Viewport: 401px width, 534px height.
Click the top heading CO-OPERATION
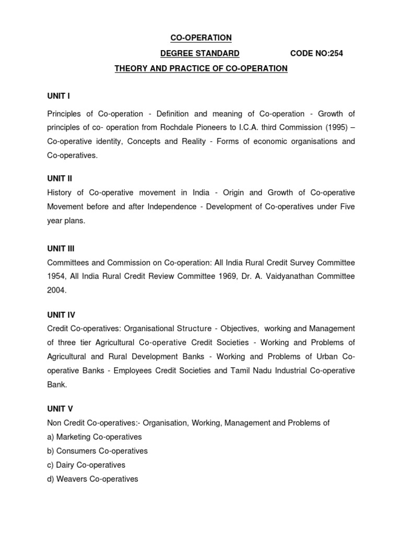tap(201, 38)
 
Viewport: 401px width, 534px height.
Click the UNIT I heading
tap(58, 96)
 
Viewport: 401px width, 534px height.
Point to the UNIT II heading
tap(60, 178)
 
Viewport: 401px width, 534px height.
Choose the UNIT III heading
tap(61, 249)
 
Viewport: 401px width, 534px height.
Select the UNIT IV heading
tap(61, 314)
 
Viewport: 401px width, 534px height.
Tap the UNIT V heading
tap(60, 408)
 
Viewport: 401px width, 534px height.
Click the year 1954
tap(56, 276)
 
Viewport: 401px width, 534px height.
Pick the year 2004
tap(56, 290)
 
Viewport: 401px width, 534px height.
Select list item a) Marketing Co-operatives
tap(95, 437)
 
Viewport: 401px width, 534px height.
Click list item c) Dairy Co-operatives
tap(86, 465)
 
